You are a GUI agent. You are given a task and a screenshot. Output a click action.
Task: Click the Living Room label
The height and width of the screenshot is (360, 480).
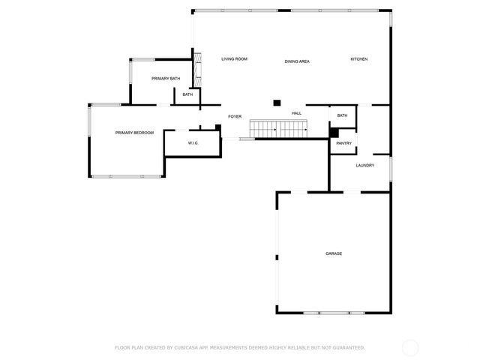point(234,58)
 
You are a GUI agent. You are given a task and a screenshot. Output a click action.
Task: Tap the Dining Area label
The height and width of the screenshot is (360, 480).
point(297,61)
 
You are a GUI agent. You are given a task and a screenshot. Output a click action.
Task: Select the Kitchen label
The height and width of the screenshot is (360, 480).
point(359,58)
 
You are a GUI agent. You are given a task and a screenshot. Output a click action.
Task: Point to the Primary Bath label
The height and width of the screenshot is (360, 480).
point(165,79)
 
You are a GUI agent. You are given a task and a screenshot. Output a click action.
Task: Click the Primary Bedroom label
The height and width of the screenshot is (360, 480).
point(134,133)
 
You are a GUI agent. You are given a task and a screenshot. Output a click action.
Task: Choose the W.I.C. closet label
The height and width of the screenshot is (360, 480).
point(192,142)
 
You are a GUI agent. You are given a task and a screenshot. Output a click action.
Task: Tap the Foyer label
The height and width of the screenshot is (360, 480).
point(235,116)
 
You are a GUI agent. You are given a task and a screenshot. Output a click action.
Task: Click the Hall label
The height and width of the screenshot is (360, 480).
point(296,113)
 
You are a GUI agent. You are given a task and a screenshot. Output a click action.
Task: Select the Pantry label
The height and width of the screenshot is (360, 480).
point(343,142)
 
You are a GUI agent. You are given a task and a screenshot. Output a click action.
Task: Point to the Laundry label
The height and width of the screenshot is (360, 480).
point(364,165)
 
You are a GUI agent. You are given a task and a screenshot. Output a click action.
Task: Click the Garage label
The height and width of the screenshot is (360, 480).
point(334,253)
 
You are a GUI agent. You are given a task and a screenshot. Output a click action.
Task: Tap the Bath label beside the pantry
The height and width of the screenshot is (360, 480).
point(342,115)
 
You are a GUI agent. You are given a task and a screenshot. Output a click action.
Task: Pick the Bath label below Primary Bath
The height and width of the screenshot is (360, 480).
point(187,94)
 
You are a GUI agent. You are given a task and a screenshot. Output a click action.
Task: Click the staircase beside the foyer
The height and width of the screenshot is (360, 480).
point(279,130)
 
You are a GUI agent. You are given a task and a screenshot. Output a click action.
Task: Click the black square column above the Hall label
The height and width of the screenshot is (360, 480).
point(277,102)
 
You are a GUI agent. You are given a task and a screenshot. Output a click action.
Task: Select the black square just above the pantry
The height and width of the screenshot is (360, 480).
point(334,132)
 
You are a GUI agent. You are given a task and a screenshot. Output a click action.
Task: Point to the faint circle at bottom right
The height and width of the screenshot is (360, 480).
point(410,347)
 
